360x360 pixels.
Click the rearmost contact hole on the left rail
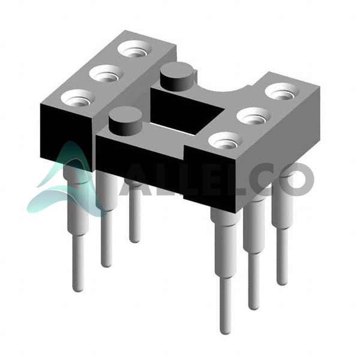136,49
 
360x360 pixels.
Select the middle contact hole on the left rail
106,73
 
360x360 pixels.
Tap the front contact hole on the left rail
78,98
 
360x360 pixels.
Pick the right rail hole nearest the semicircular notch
282,92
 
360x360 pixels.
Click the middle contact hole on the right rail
253,116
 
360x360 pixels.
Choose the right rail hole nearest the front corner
226,140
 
